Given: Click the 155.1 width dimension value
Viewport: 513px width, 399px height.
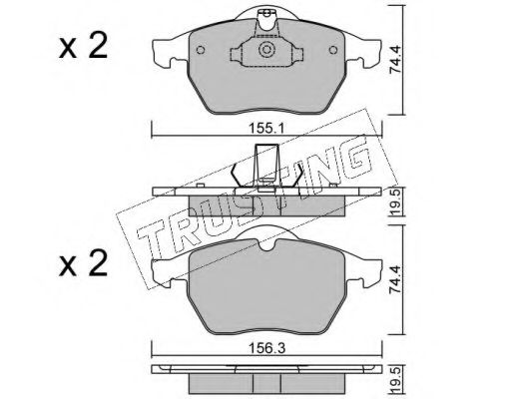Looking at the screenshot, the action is (x=266, y=128).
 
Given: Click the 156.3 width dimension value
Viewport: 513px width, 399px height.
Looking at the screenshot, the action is (x=267, y=349).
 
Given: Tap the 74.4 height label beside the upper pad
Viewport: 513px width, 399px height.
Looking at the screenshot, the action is (x=396, y=60).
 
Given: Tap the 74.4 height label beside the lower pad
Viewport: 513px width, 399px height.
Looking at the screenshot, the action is (x=396, y=279).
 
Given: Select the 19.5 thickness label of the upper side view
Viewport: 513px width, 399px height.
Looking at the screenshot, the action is (x=396, y=202).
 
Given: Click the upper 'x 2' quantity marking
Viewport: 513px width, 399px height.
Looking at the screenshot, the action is (x=83, y=47).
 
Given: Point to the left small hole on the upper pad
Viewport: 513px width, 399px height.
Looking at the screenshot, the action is (x=201, y=50).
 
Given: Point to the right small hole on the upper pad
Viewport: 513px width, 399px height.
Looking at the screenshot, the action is (x=333, y=50).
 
